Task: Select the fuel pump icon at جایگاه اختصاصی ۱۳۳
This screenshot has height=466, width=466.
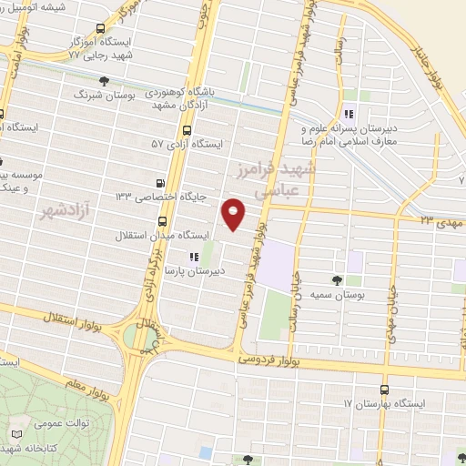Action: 162,182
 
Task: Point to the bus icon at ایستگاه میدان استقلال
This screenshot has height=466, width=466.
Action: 163,221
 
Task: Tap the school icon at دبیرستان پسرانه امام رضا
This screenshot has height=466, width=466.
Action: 349,115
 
